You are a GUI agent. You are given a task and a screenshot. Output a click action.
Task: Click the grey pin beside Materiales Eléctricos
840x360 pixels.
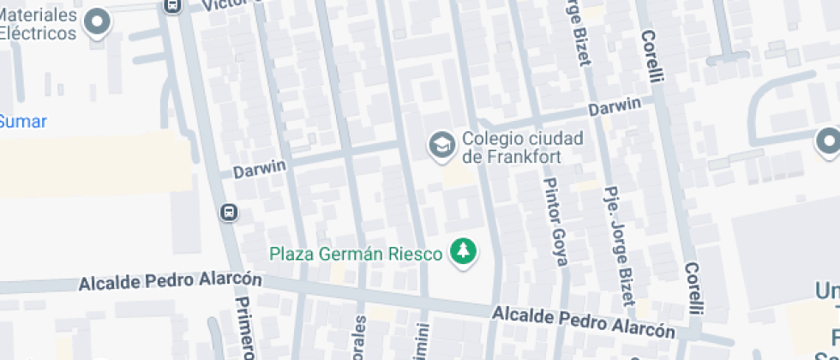coord(98,22)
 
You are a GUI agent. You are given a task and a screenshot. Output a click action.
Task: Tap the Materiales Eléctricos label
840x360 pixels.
coord(39,25)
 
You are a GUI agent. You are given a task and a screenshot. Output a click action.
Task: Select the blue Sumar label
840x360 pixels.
coord(23,122)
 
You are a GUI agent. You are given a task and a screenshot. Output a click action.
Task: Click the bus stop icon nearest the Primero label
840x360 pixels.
coord(229,212)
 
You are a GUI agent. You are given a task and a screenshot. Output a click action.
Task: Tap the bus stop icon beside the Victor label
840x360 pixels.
coord(172,5)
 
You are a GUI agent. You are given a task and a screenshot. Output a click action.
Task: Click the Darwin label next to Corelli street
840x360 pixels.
coord(615,106)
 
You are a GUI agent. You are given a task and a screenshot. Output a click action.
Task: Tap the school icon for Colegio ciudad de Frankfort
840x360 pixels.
coord(442,146)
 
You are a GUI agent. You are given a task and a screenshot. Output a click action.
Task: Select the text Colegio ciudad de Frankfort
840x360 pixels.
coord(522,147)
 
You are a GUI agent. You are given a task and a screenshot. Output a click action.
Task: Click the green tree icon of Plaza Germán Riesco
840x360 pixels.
coord(464,251)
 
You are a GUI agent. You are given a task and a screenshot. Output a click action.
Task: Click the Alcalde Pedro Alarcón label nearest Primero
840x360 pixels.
coord(170,282)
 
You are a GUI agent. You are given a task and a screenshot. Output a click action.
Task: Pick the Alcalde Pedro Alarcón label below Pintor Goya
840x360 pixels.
coord(583,324)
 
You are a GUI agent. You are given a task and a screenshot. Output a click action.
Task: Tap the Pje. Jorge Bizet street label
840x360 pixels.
coord(618,245)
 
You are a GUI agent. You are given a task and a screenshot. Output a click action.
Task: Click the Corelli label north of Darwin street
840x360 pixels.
coord(652,57)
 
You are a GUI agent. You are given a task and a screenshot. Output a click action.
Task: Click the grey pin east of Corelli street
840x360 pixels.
coord(828,141)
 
